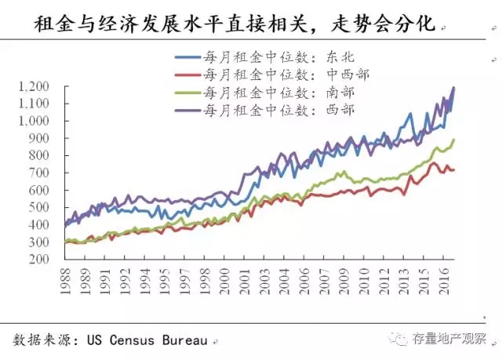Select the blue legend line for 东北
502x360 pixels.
pyautogui.click(x=188, y=57)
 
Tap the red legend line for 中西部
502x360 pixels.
pyautogui.click(x=188, y=75)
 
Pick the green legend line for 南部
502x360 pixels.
pyautogui.click(x=188, y=93)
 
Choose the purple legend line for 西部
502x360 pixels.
pyautogui.click(x=188, y=111)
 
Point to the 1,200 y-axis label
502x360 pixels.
pyautogui.click(x=35, y=86)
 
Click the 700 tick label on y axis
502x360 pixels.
pyautogui.click(x=39, y=173)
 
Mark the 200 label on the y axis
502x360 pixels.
pyautogui.click(x=39, y=259)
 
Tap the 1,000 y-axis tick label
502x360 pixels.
pyautogui.click(x=35, y=121)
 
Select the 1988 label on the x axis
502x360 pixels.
pyautogui.click(x=66, y=282)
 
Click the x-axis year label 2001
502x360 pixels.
pyautogui.click(x=245, y=282)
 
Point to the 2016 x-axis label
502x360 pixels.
pyautogui.click(x=444, y=282)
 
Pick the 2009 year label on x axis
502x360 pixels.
pyautogui.click(x=344, y=282)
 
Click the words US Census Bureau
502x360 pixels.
pyautogui.click(x=147, y=340)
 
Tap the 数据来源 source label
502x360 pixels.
pyautogui.click(x=42, y=340)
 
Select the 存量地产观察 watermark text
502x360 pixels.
pyautogui.click(x=449, y=339)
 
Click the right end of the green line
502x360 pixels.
pyautogui.click(x=454, y=140)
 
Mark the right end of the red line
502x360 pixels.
pyautogui.click(x=454, y=170)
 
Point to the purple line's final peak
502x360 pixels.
pyautogui.click(x=453, y=88)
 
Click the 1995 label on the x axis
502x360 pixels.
pyautogui.click(x=166, y=282)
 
